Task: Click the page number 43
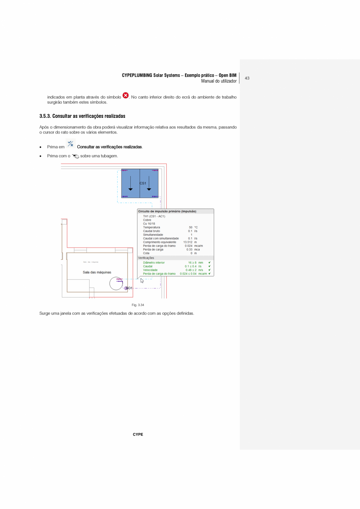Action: point(247,78)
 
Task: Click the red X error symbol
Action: point(126,96)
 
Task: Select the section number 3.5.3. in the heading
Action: point(45,116)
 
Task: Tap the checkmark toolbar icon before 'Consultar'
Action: point(70,144)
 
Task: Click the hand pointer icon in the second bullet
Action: point(76,156)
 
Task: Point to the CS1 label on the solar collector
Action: point(143,183)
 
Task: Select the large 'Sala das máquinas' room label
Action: point(97,272)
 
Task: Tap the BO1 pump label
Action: point(129,288)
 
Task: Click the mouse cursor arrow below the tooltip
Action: point(142,280)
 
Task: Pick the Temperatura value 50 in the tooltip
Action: point(190,227)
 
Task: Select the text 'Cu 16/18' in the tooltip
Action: point(149,224)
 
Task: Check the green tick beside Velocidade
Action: point(210,270)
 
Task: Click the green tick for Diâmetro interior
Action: point(210,263)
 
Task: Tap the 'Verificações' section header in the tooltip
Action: point(146,258)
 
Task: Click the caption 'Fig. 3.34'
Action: point(138,305)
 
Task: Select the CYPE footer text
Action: point(138,435)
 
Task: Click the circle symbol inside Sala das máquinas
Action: point(116,283)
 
